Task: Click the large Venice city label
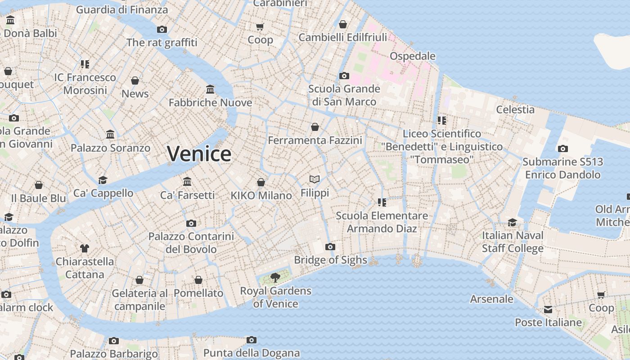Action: click(x=199, y=154)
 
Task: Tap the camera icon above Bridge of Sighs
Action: click(x=330, y=247)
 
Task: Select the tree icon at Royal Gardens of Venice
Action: click(x=275, y=278)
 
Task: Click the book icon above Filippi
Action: click(x=315, y=180)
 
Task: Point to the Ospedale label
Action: click(x=412, y=56)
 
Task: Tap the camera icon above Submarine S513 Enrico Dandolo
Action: click(x=562, y=148)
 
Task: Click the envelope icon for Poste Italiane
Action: click(x=548, y=310)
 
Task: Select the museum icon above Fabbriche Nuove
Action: click(x=210, y=89)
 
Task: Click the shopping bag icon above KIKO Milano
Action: click(x=261, y=182)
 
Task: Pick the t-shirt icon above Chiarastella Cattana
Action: click(x=85, y=248)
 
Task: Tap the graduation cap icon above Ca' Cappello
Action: click(x=103, y=180)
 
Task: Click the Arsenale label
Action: click(x=491, y=299)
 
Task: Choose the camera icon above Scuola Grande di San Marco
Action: click(x=344, y=76)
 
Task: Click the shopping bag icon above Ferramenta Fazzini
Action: click(x=315, y=127)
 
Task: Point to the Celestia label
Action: click(x=515, y=109)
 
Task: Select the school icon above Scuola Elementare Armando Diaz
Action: click(x=382, y=202)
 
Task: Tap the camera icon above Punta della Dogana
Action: click(x=252, y=340)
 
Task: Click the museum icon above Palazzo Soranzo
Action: click(x=110, y=135)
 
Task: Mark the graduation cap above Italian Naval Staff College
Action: click(x=513, y=222)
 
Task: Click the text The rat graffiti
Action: click(x=162, y=43)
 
